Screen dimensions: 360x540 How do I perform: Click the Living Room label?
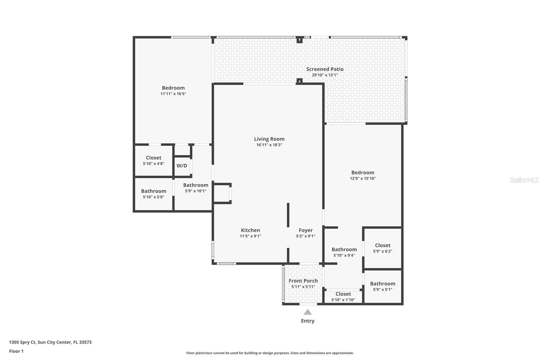[269, 139]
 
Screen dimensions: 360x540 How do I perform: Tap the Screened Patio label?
[325, 69]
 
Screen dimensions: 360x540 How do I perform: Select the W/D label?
[182, 165]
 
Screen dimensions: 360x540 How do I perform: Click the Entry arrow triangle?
[307, 312]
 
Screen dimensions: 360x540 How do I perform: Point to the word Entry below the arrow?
[307, 321]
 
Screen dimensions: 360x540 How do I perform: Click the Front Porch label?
[303, 281]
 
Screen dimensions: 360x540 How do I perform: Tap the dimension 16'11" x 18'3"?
[269, 145]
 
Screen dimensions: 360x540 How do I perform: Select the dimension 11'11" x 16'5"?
[173, 94]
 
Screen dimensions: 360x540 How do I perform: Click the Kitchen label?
[250, 230]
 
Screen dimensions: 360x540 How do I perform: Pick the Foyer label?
[305, 230]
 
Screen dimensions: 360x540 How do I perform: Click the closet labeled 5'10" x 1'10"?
[343, 297]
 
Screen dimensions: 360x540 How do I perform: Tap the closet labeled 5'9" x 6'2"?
[382, 248]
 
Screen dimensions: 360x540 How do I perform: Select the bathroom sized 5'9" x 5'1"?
[382, 286]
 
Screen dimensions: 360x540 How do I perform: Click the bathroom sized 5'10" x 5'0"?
[154, 194]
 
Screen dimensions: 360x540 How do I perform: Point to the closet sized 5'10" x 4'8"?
[154, 160]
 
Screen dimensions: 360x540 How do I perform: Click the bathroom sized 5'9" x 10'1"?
[195, 187]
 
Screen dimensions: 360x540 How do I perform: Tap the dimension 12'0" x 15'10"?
[362, 178]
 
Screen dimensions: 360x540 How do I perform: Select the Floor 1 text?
[16, 351]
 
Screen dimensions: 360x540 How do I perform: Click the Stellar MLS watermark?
[524, 180]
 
